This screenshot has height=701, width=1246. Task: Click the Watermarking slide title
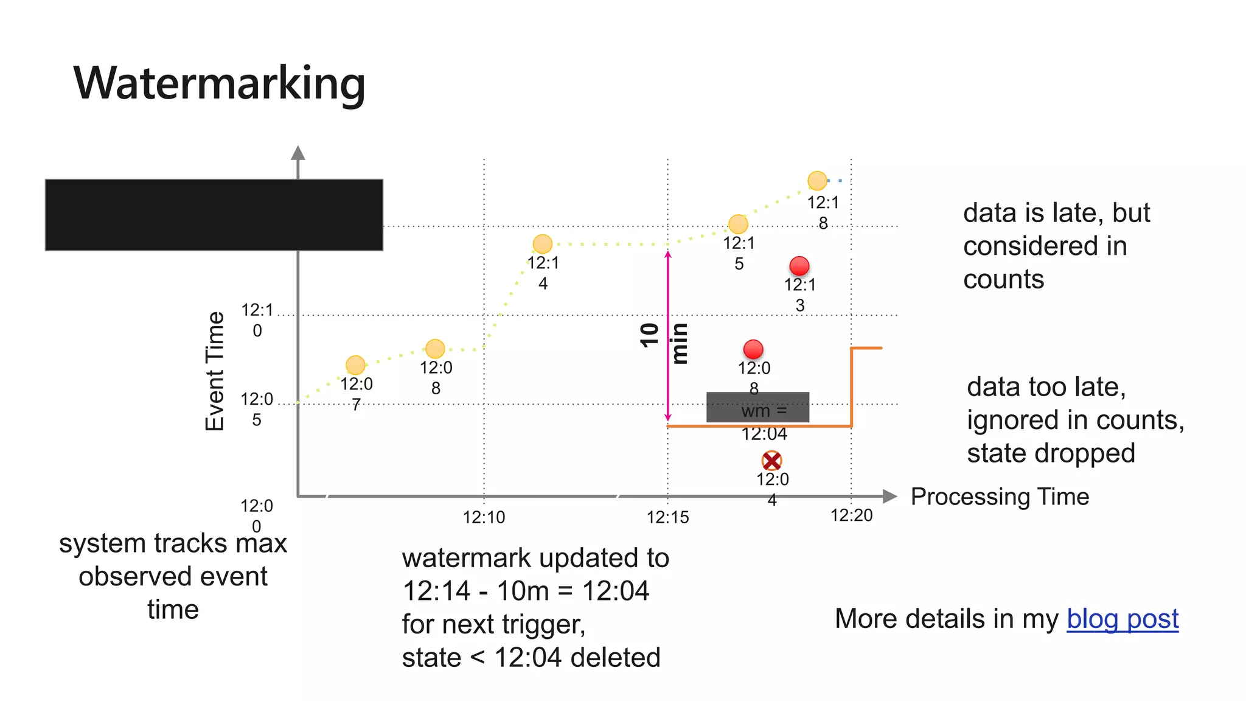[219, 83]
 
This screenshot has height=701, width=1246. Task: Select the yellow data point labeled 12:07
[355, 365]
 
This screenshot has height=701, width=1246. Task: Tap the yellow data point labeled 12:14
[542, 244]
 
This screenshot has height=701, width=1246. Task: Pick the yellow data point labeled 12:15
[738, 224]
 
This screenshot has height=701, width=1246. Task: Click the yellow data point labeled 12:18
[817, 181]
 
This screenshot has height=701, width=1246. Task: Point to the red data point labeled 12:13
[799, 266]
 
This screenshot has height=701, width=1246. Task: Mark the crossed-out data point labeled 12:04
[771, 461]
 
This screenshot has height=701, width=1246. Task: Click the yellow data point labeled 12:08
[435, 349]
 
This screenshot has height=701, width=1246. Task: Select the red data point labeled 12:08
[753, 349]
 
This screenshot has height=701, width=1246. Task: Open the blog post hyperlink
[1122, 619]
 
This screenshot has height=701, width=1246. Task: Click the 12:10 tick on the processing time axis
[484, 517]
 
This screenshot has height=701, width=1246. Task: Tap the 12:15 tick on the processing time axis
[667, 517]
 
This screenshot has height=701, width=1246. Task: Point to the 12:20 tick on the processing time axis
[851, 515]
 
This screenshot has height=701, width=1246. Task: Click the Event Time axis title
[215, 371]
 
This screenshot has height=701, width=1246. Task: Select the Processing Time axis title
[1000, 497]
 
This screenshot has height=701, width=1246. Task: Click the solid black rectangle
[214, 215]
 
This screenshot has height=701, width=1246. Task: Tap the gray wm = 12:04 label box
[757, 407]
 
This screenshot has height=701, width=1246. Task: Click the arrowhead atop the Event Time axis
[298, 153]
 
